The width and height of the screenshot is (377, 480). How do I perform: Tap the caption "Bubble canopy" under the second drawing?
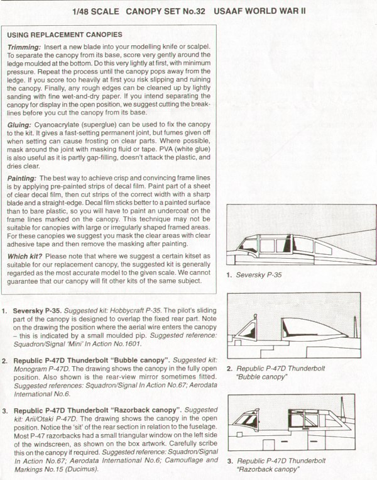(x=261, y=376)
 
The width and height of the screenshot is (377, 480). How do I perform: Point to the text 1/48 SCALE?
(x=100, y=11)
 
